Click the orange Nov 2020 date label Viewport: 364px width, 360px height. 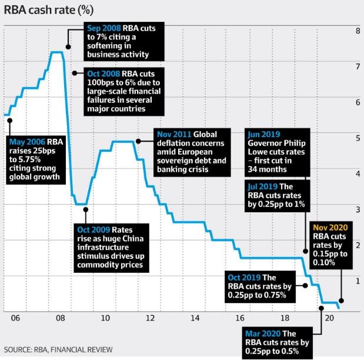pyautogui.click(x=331, y=228)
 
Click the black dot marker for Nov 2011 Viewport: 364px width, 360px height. pyautogui.click(x=138, y=141)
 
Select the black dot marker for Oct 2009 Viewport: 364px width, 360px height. pyautogui.click(x=85, y=209)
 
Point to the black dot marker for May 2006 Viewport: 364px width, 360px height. pyautogui.click(x=9, y=120)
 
